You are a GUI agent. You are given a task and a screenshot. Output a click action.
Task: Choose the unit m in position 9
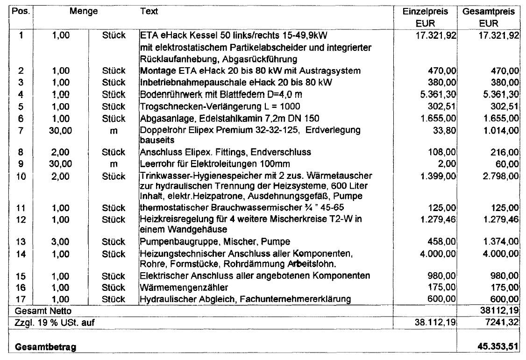114,164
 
